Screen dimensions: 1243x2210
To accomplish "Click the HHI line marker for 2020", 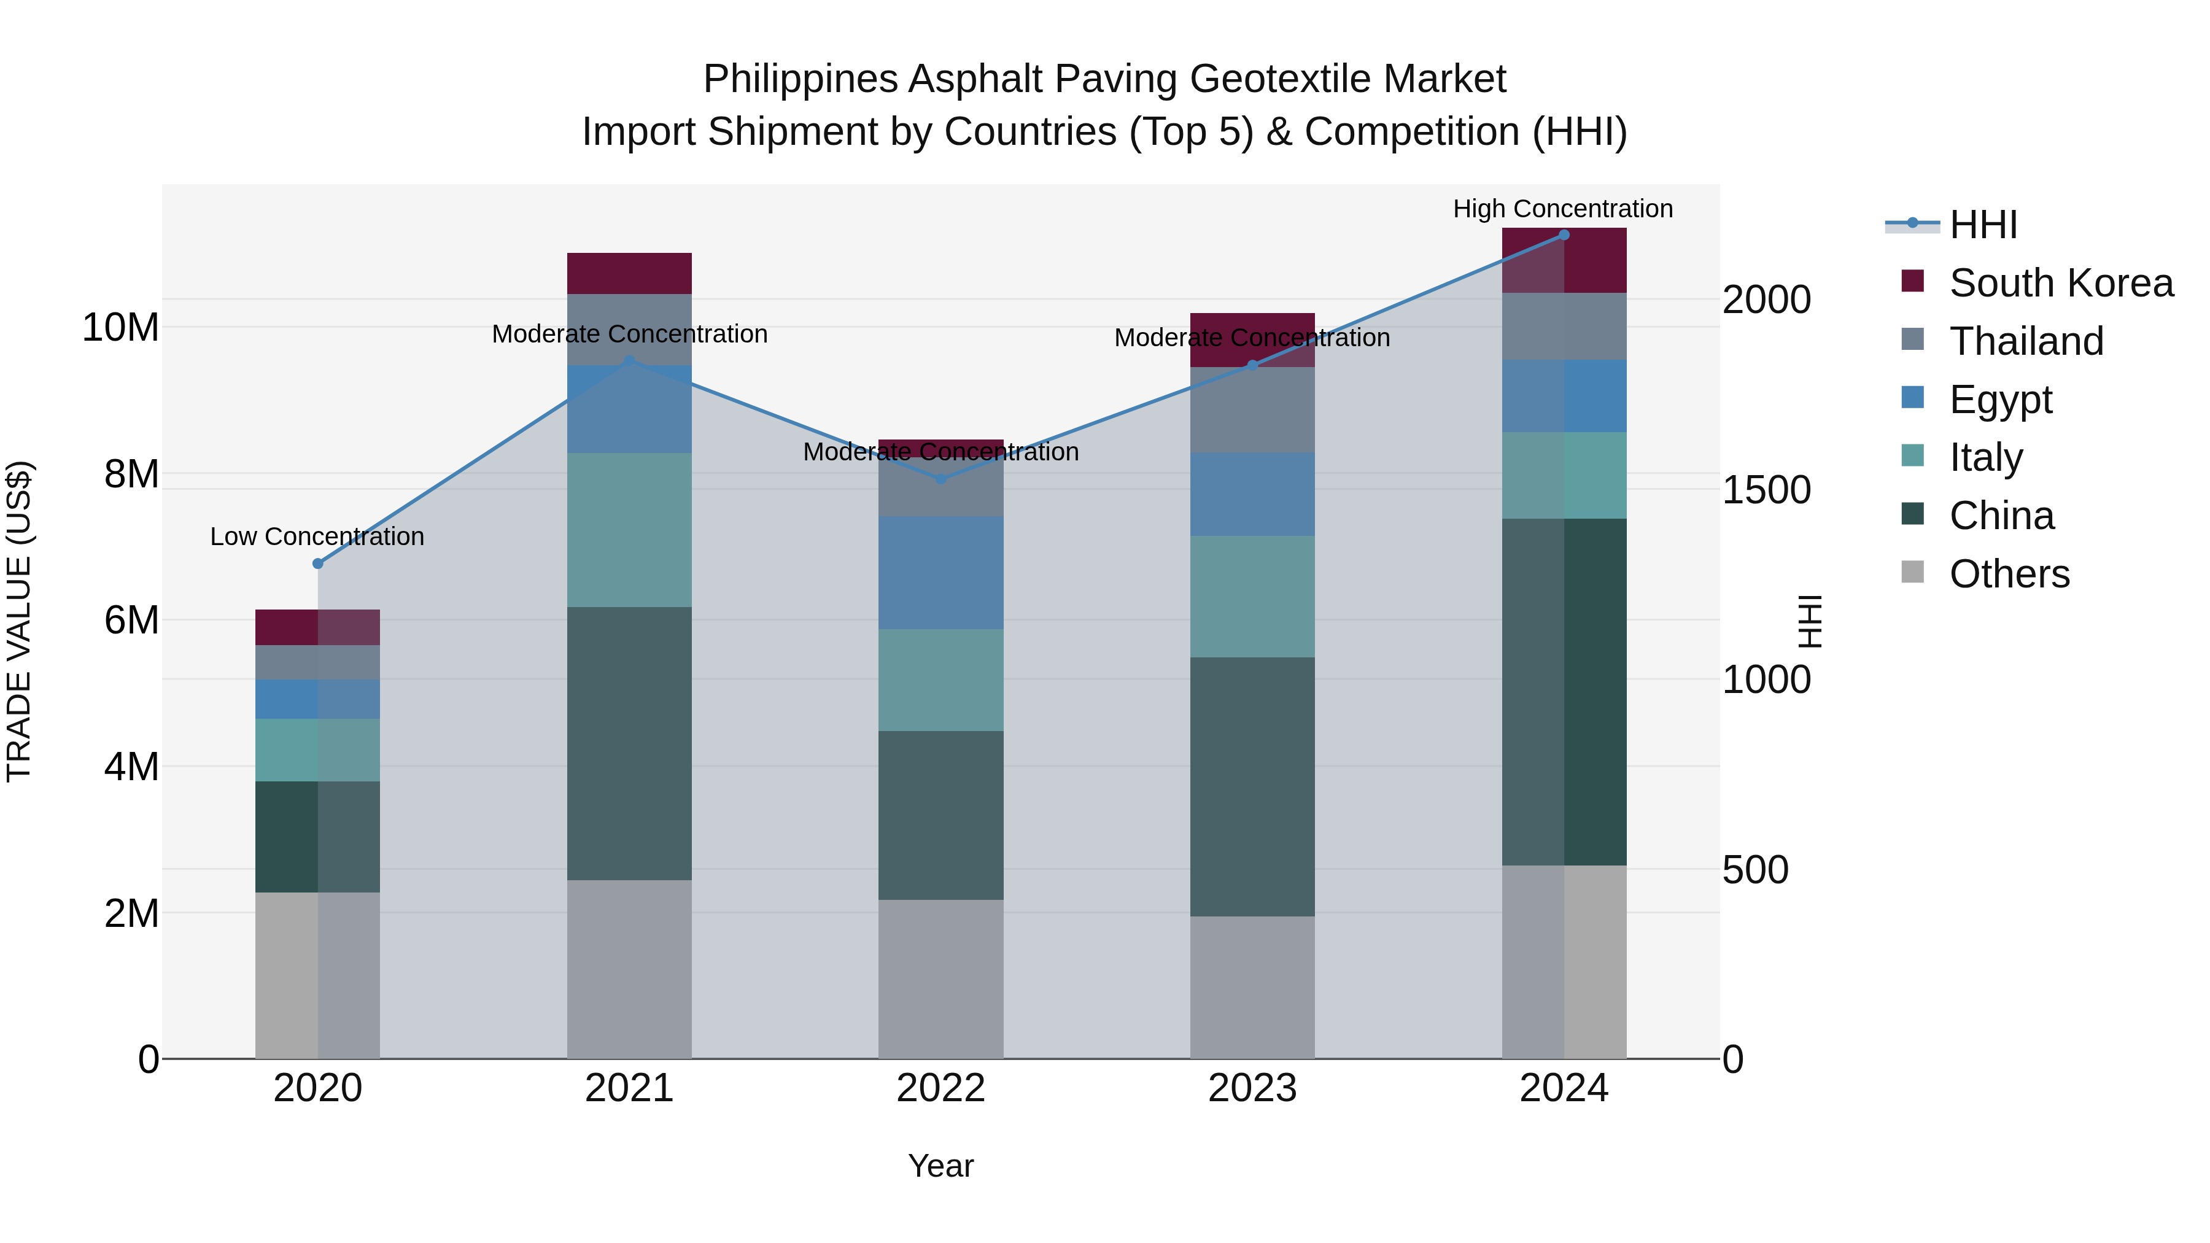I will pos(317,563).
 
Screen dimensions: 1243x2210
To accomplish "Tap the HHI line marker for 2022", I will pos(940,479).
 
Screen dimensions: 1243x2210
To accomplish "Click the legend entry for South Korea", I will pos(2061,283).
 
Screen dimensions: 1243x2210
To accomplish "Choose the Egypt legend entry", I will pos(2000,400).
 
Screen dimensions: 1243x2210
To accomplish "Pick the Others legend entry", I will pos(2009,574).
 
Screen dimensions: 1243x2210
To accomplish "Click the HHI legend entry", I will pos(1983,225).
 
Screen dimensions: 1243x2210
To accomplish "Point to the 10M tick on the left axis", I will pos(121,328).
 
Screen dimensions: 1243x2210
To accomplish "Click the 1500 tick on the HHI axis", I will pos(1766,490).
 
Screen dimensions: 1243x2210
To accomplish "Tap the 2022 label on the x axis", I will pos(940,1088).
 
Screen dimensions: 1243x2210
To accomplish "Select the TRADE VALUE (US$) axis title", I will pos(19,621).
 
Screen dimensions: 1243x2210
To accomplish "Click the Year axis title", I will pos(940,1166).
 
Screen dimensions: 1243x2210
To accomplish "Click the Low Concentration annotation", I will pos(317,537).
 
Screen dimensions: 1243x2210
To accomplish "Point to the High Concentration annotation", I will pos(1562,209).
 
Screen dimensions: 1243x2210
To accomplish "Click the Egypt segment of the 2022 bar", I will pos(940,573).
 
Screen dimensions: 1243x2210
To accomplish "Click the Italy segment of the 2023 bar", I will pos(1252,597).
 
